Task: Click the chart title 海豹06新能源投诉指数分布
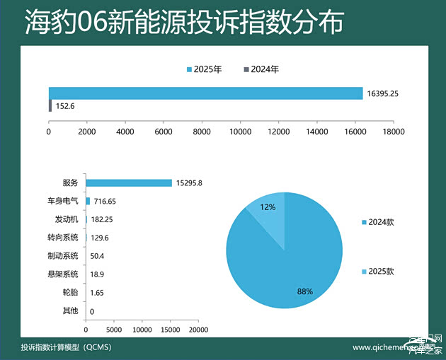coord(184,23)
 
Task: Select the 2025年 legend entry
coord(205,69)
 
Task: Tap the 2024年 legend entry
coord(262,69)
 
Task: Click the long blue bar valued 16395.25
coord(205,93)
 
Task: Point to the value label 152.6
coord(65,106)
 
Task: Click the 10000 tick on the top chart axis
coord(240,132)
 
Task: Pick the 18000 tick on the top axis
coord(393,132)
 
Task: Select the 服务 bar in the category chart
coord(128,182)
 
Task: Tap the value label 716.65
coord(104,202)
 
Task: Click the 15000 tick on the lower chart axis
coord(171,330)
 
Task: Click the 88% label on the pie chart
coord(304,291)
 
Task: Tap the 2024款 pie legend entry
coord(380,222)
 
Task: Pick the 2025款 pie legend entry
coord(380,272)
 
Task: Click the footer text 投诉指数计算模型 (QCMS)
coord(66,347)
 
